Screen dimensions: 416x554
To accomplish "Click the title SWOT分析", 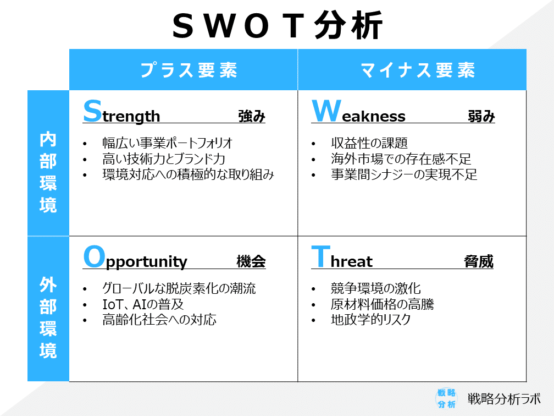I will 277,25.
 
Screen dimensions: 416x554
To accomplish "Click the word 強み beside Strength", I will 252,117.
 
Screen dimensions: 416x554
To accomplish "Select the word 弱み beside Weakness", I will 481,117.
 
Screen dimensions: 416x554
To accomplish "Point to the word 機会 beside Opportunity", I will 251,262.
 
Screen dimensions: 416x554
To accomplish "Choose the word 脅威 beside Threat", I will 479,262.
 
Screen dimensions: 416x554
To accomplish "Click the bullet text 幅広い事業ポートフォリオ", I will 168,143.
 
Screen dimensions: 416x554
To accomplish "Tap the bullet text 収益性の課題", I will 369,143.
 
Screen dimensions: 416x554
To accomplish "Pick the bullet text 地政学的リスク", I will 371,320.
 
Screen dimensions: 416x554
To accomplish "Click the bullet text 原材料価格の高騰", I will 382,304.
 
